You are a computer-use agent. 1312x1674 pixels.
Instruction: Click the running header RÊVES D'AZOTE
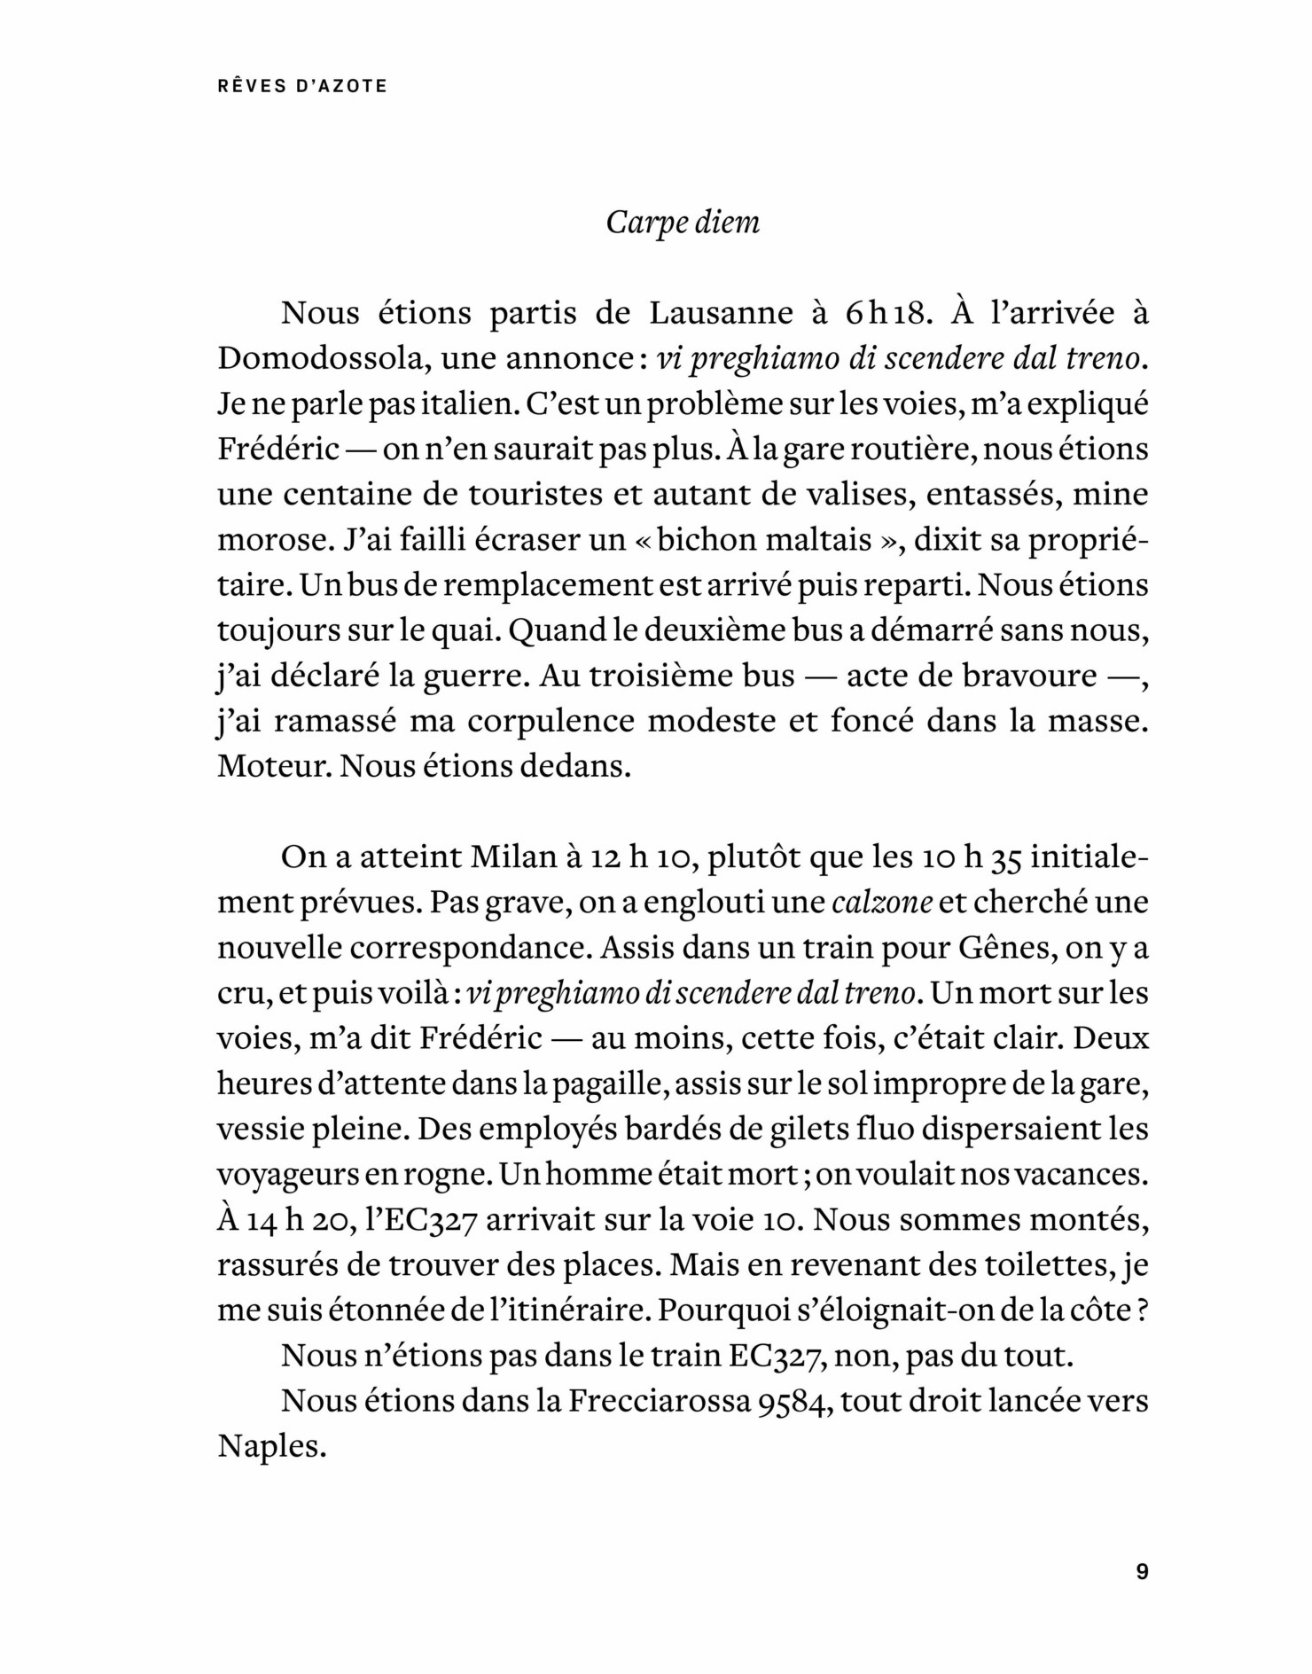tap(301, 87)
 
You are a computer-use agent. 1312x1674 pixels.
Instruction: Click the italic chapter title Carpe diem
tap(683, 222)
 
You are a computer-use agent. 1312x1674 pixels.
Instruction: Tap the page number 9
tap(1142, 1573)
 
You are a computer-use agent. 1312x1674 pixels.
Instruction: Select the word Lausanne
tap(722, 313)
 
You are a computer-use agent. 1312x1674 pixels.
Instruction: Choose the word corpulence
tap(551, 721)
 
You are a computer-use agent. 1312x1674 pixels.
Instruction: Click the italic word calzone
tap(882, 903)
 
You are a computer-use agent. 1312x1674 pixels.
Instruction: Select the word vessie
tap(258, 1129)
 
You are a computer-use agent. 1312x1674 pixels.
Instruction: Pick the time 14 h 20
tap(283, 1220)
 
